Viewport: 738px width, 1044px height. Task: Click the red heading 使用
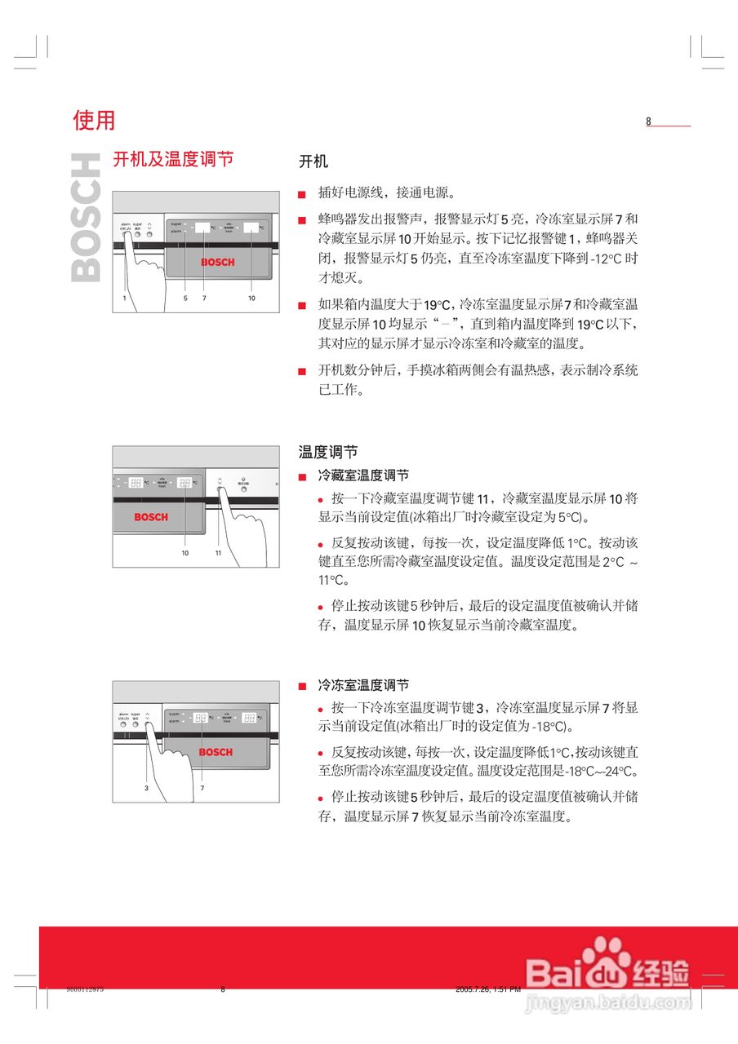[x=94, y=121]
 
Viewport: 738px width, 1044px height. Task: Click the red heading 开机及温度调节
[x=173, y=158]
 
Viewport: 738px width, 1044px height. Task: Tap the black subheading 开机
[x=313, y=161]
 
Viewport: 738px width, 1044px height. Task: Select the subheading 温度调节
[x=327, y=452]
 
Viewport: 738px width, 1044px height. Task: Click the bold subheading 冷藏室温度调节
[x=363, y=476]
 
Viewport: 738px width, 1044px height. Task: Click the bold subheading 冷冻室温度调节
[x=363, y=685]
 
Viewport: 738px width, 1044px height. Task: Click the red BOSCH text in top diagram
[x=217, y=263]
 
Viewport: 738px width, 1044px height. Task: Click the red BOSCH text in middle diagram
[x=151, y=517]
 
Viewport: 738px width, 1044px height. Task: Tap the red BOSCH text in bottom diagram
[x=216, y=752]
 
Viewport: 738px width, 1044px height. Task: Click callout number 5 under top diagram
[x=185, y=299]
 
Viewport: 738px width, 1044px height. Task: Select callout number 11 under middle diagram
[x=218, y=553]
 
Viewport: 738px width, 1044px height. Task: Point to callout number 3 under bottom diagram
[x=146, y=789]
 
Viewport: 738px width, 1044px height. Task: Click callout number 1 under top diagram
[x=124, y=299]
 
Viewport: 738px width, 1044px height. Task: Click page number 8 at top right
[x=649, y=122]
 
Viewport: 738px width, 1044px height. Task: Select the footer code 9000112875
[x=85, y=989]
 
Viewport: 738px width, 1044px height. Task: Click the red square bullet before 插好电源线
[x=302, y=195]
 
